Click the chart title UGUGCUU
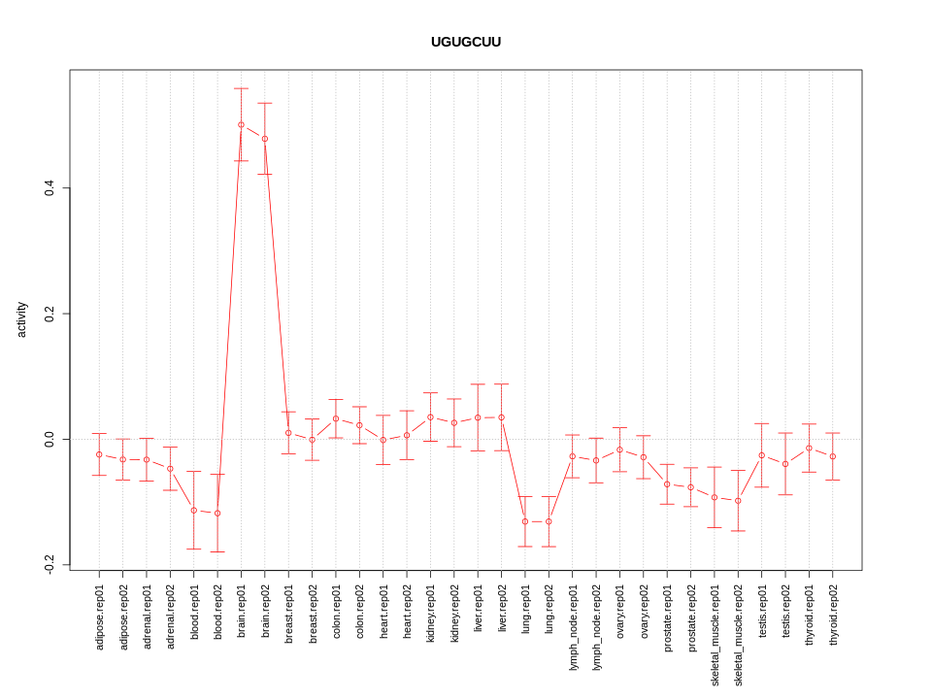coord(466,42)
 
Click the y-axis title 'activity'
coord(22,319)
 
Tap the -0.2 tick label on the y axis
coord(50,565)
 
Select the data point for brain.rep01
coord(241,124)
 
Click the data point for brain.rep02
coord(265,139)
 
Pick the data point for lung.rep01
coord(525,521)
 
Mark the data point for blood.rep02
coord(217,513)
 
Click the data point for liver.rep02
coord(502,417)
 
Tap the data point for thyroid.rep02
coord(833,456)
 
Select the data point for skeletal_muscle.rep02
coord(738,501)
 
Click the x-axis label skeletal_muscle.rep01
coord(715,630)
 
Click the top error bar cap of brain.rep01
coord(241,88)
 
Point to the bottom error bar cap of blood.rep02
coord(217,551)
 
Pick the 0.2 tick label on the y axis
coord(50,314)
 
